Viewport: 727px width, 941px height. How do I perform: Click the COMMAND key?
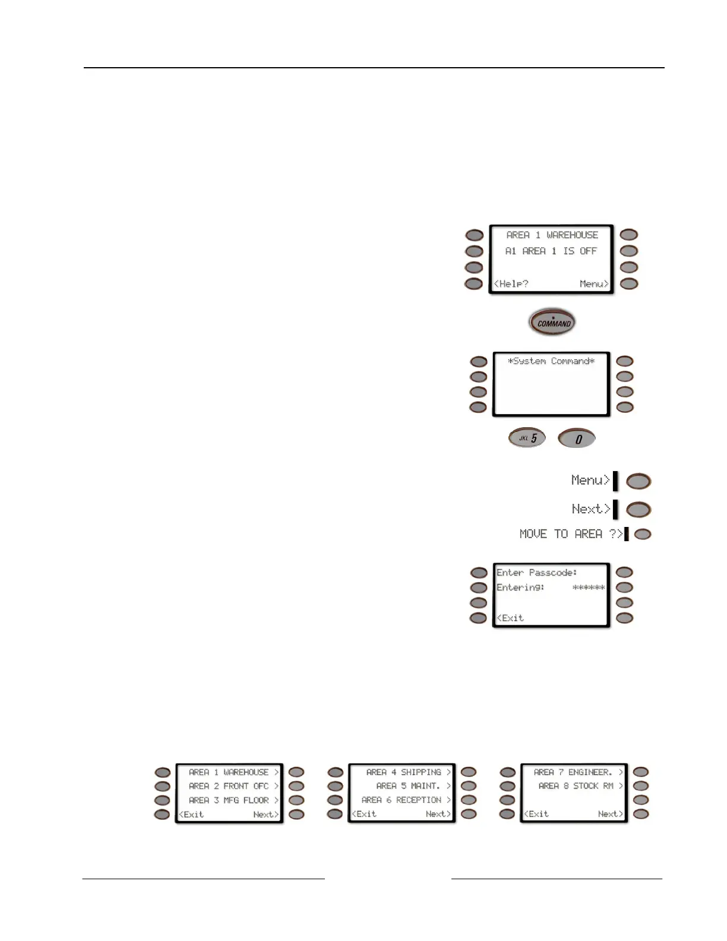pos(552,323)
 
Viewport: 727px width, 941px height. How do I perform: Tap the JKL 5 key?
pos(527,438)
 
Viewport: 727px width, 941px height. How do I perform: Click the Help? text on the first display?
pos(511,284)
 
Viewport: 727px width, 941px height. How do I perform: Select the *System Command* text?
pos(551,361)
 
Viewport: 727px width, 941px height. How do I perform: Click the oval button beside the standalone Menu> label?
pos(639,481)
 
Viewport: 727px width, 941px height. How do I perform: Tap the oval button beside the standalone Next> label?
pos(639,510)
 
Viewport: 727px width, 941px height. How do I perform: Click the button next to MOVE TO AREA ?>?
pos(643,534)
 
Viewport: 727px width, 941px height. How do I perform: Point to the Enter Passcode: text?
pos(536,573)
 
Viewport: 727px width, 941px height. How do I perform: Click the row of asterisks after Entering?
pos(588,588)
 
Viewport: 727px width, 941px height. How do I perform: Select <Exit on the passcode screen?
pos(510,618)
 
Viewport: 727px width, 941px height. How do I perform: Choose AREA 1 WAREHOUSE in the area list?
pos(229,772)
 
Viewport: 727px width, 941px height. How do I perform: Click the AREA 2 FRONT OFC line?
pos(229,786)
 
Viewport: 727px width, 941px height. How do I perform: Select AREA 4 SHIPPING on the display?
pos(404,772)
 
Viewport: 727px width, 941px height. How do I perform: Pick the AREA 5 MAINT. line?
pos(409,786)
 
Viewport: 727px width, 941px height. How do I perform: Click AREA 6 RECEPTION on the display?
pos(402,800)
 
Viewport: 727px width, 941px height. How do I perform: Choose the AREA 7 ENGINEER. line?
pos(573,772)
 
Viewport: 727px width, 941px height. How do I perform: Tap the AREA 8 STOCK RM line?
pos(576,786)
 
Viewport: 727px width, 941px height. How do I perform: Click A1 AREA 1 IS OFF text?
pos(551,251)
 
